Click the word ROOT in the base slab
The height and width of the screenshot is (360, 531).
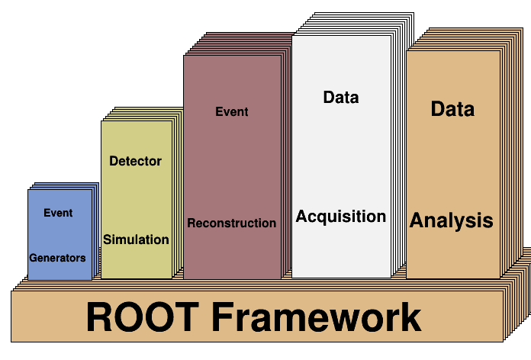[x=142, y=317]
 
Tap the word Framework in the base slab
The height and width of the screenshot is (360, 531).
[x=317, y=317]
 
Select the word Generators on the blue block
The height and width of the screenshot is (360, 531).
[x=57, y=258]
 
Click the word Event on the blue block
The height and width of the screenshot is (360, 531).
[x=58, y=213]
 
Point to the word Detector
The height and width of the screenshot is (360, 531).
[x=136, y=161]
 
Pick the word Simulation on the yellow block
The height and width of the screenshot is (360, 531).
[x=136, y=239]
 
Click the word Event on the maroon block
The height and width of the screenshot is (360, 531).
[x=232, y=111]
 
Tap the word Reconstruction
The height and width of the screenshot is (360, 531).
[x=232, y=223]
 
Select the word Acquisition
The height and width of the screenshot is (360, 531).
[x=341, y=217]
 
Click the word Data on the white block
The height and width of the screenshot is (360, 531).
[x=341, y=97]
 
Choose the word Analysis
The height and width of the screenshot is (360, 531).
[x=452, y=221]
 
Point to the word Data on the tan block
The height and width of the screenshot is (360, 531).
[x=452, y=109]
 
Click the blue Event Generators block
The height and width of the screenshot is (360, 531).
[x=60, y=234]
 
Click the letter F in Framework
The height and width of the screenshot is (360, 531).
[x=224, y=317]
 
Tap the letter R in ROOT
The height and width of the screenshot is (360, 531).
[x=99, y=317]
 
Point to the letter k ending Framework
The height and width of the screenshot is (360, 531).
[x=410, y=317]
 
